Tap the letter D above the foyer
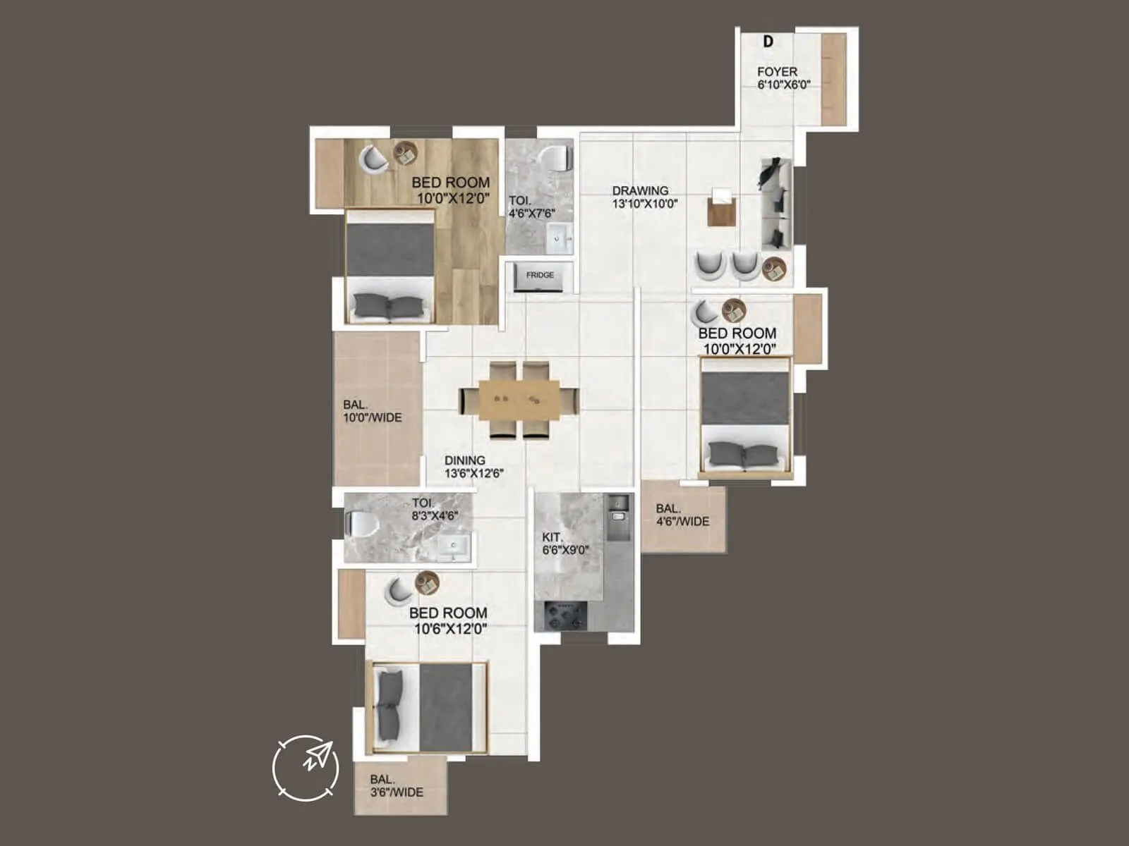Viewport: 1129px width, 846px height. coord(768,42)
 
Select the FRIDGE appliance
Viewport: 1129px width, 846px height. coord(540,276)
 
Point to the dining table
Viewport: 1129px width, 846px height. coord(519,400)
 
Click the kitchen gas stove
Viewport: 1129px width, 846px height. coord(561,615)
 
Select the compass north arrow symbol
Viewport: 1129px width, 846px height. coord(306,767)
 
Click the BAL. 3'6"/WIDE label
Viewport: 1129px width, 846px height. coord(397,786)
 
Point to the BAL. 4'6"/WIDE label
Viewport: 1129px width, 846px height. coord(682,515)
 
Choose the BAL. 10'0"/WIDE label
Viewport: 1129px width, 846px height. coord(372,411)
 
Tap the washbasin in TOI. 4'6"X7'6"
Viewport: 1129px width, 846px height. coord(557,238)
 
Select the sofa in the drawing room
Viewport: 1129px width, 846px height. coord(776,204)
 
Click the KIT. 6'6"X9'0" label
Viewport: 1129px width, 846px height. coord(565,544)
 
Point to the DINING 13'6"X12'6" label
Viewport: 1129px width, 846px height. coord(473,467)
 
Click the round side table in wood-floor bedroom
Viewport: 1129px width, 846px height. coord(405,153)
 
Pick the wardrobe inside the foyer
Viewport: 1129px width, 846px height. coord(833,79)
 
